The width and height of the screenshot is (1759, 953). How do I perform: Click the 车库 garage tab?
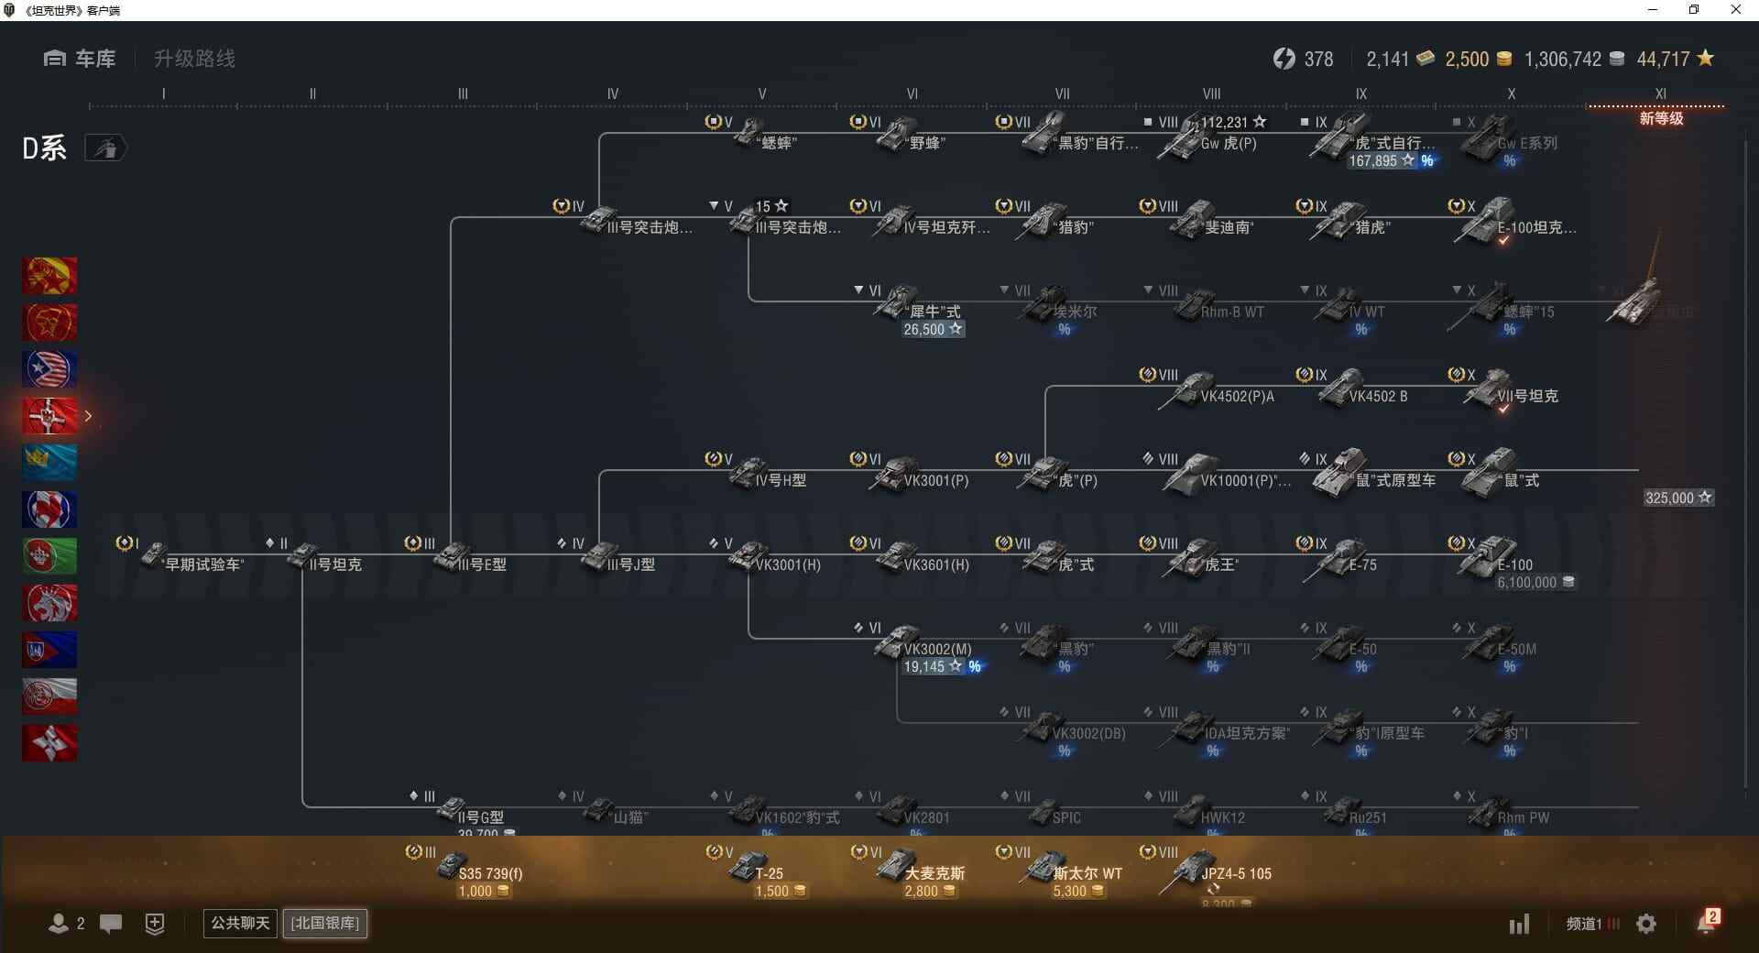point(80,59)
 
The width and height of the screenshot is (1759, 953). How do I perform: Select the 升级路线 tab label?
point(194,59)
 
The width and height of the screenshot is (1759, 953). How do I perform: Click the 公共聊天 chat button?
point(240,923)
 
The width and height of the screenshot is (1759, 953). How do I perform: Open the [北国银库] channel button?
point(325,923)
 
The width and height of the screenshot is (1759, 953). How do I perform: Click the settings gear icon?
point(1646,924)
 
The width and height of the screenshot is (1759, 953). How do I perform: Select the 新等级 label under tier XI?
point(1661,118)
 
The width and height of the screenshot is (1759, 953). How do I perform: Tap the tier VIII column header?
point(1211,93)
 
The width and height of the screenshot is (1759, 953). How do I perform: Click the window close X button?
point(1735,10)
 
